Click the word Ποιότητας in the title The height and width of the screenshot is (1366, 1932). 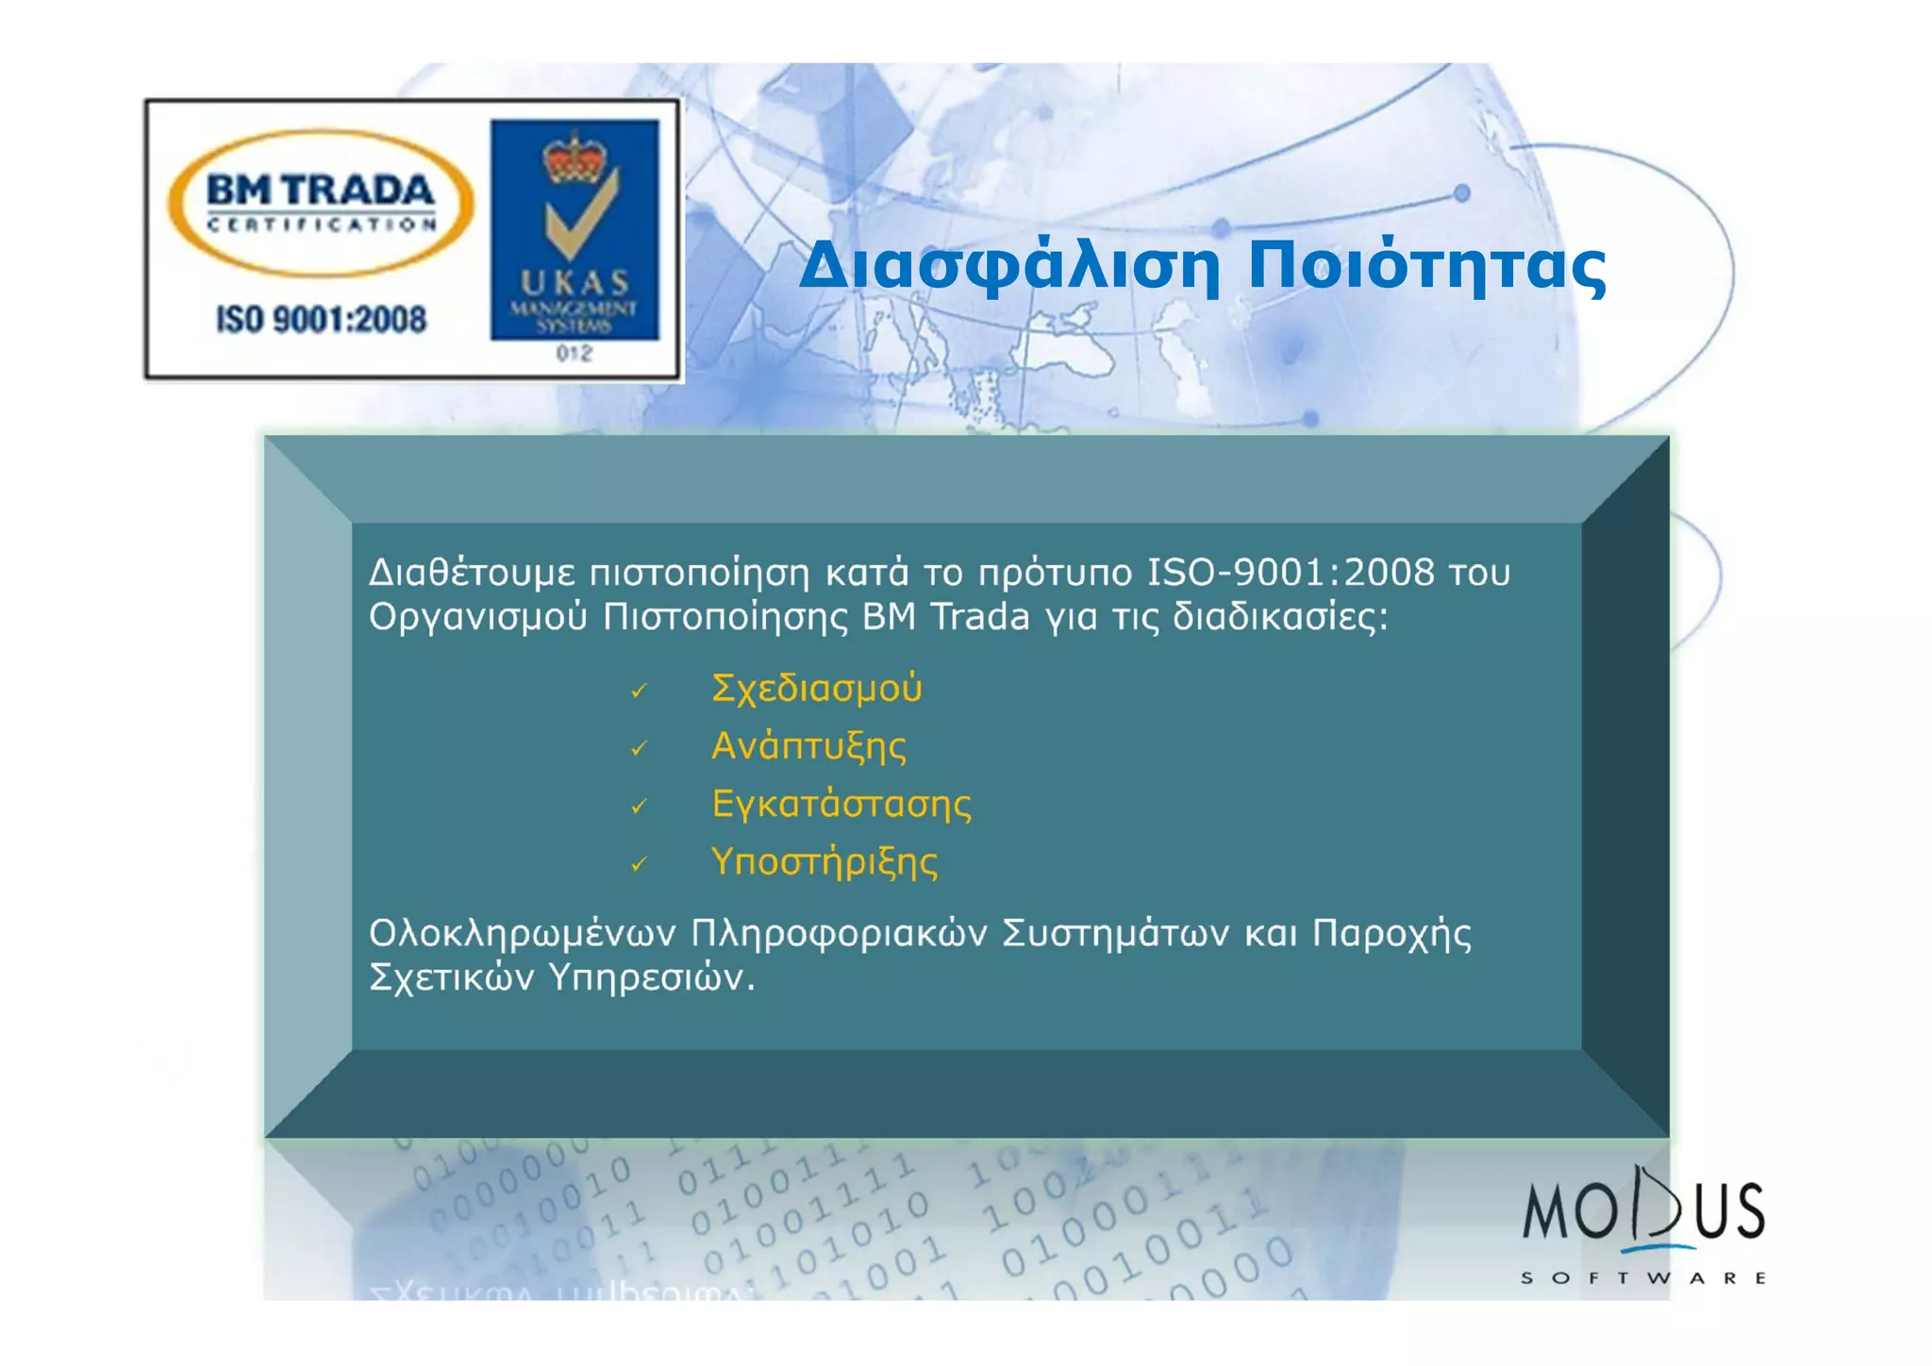[1426, 267]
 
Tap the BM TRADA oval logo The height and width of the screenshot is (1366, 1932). [320, 203]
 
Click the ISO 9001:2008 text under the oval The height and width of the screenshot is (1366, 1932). [321, 320]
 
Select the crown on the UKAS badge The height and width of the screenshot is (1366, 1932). [574, 158]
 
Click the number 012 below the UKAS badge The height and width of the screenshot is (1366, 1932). [574, 354]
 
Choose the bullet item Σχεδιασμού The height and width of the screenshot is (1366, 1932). [816, 689]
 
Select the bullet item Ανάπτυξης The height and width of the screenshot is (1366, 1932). [808, 746]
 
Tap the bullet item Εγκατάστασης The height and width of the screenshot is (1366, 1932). [841, 804]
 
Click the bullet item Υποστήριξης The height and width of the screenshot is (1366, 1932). [824, 862]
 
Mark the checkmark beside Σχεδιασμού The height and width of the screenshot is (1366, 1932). [639, 691]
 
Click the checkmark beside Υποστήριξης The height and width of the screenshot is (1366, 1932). [639, 864]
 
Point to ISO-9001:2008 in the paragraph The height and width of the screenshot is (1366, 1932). [1290, 573]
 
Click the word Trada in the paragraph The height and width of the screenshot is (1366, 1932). [979, 617]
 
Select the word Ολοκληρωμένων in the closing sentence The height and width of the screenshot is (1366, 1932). [522, 934]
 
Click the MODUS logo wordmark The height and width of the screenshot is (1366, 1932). [1642, 1210]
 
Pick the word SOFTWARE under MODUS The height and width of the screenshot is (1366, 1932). [1642, 1278]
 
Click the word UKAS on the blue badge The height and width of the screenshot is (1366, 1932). [575, 283]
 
